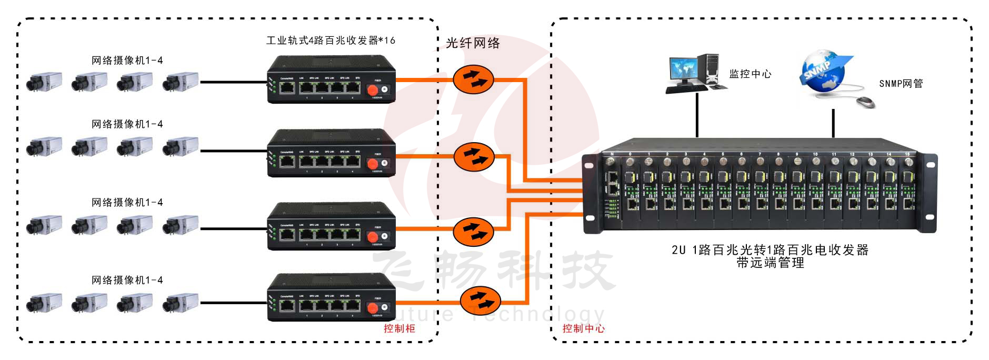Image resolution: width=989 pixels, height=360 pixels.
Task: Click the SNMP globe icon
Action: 823,72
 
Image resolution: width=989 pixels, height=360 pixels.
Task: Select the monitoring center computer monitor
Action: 683,69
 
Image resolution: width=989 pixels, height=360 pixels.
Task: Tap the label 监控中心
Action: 750,74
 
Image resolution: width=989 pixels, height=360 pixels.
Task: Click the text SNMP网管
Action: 901,84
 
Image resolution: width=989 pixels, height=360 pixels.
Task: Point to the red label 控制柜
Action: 399,328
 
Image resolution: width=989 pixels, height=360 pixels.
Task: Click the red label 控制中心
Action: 583,328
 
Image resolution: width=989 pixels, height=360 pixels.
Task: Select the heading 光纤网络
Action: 473,43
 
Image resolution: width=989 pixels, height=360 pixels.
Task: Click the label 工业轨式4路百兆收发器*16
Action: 331,41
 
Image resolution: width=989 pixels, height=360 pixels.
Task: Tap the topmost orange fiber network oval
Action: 473,80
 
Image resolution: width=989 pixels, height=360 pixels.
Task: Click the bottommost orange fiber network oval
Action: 479,301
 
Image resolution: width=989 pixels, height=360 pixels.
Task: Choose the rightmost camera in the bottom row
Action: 180,303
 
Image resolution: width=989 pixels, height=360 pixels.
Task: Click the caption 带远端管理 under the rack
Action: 770,263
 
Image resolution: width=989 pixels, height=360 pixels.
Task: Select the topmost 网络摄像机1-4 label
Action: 127,61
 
